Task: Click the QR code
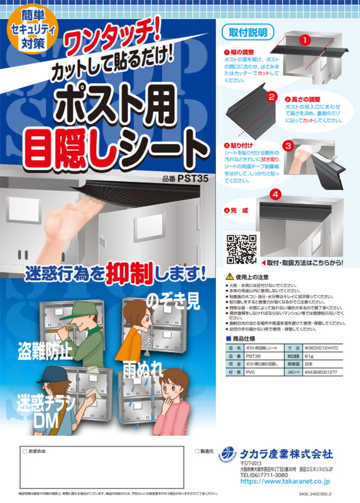(x=242, y=249)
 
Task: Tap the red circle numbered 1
(x=304, y=40)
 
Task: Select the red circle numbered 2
(x=272, y=97)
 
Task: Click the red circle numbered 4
(x=275, y=194)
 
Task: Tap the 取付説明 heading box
(x=247, y=32)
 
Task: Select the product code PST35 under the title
(x=186, y=178)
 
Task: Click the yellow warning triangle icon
(x=229, y=277)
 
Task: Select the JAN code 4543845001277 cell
(x=323, y=372)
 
